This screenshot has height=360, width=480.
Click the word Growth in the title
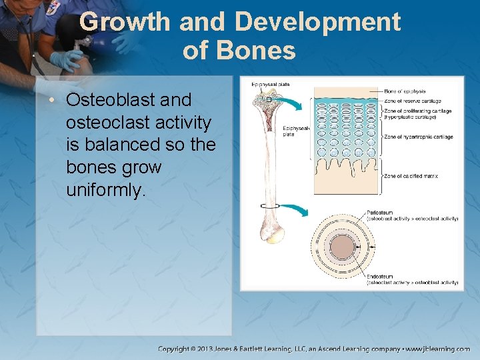(125, 23)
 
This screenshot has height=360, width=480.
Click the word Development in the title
(317, 23)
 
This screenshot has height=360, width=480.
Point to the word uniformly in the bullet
(105, 190)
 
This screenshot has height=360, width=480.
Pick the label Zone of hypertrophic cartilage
(419, 137)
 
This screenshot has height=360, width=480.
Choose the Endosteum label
(380, 276)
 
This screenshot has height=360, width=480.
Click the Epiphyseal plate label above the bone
(270, 84)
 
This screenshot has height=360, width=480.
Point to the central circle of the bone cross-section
(342, 247)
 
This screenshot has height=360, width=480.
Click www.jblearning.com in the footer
(438, 349)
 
